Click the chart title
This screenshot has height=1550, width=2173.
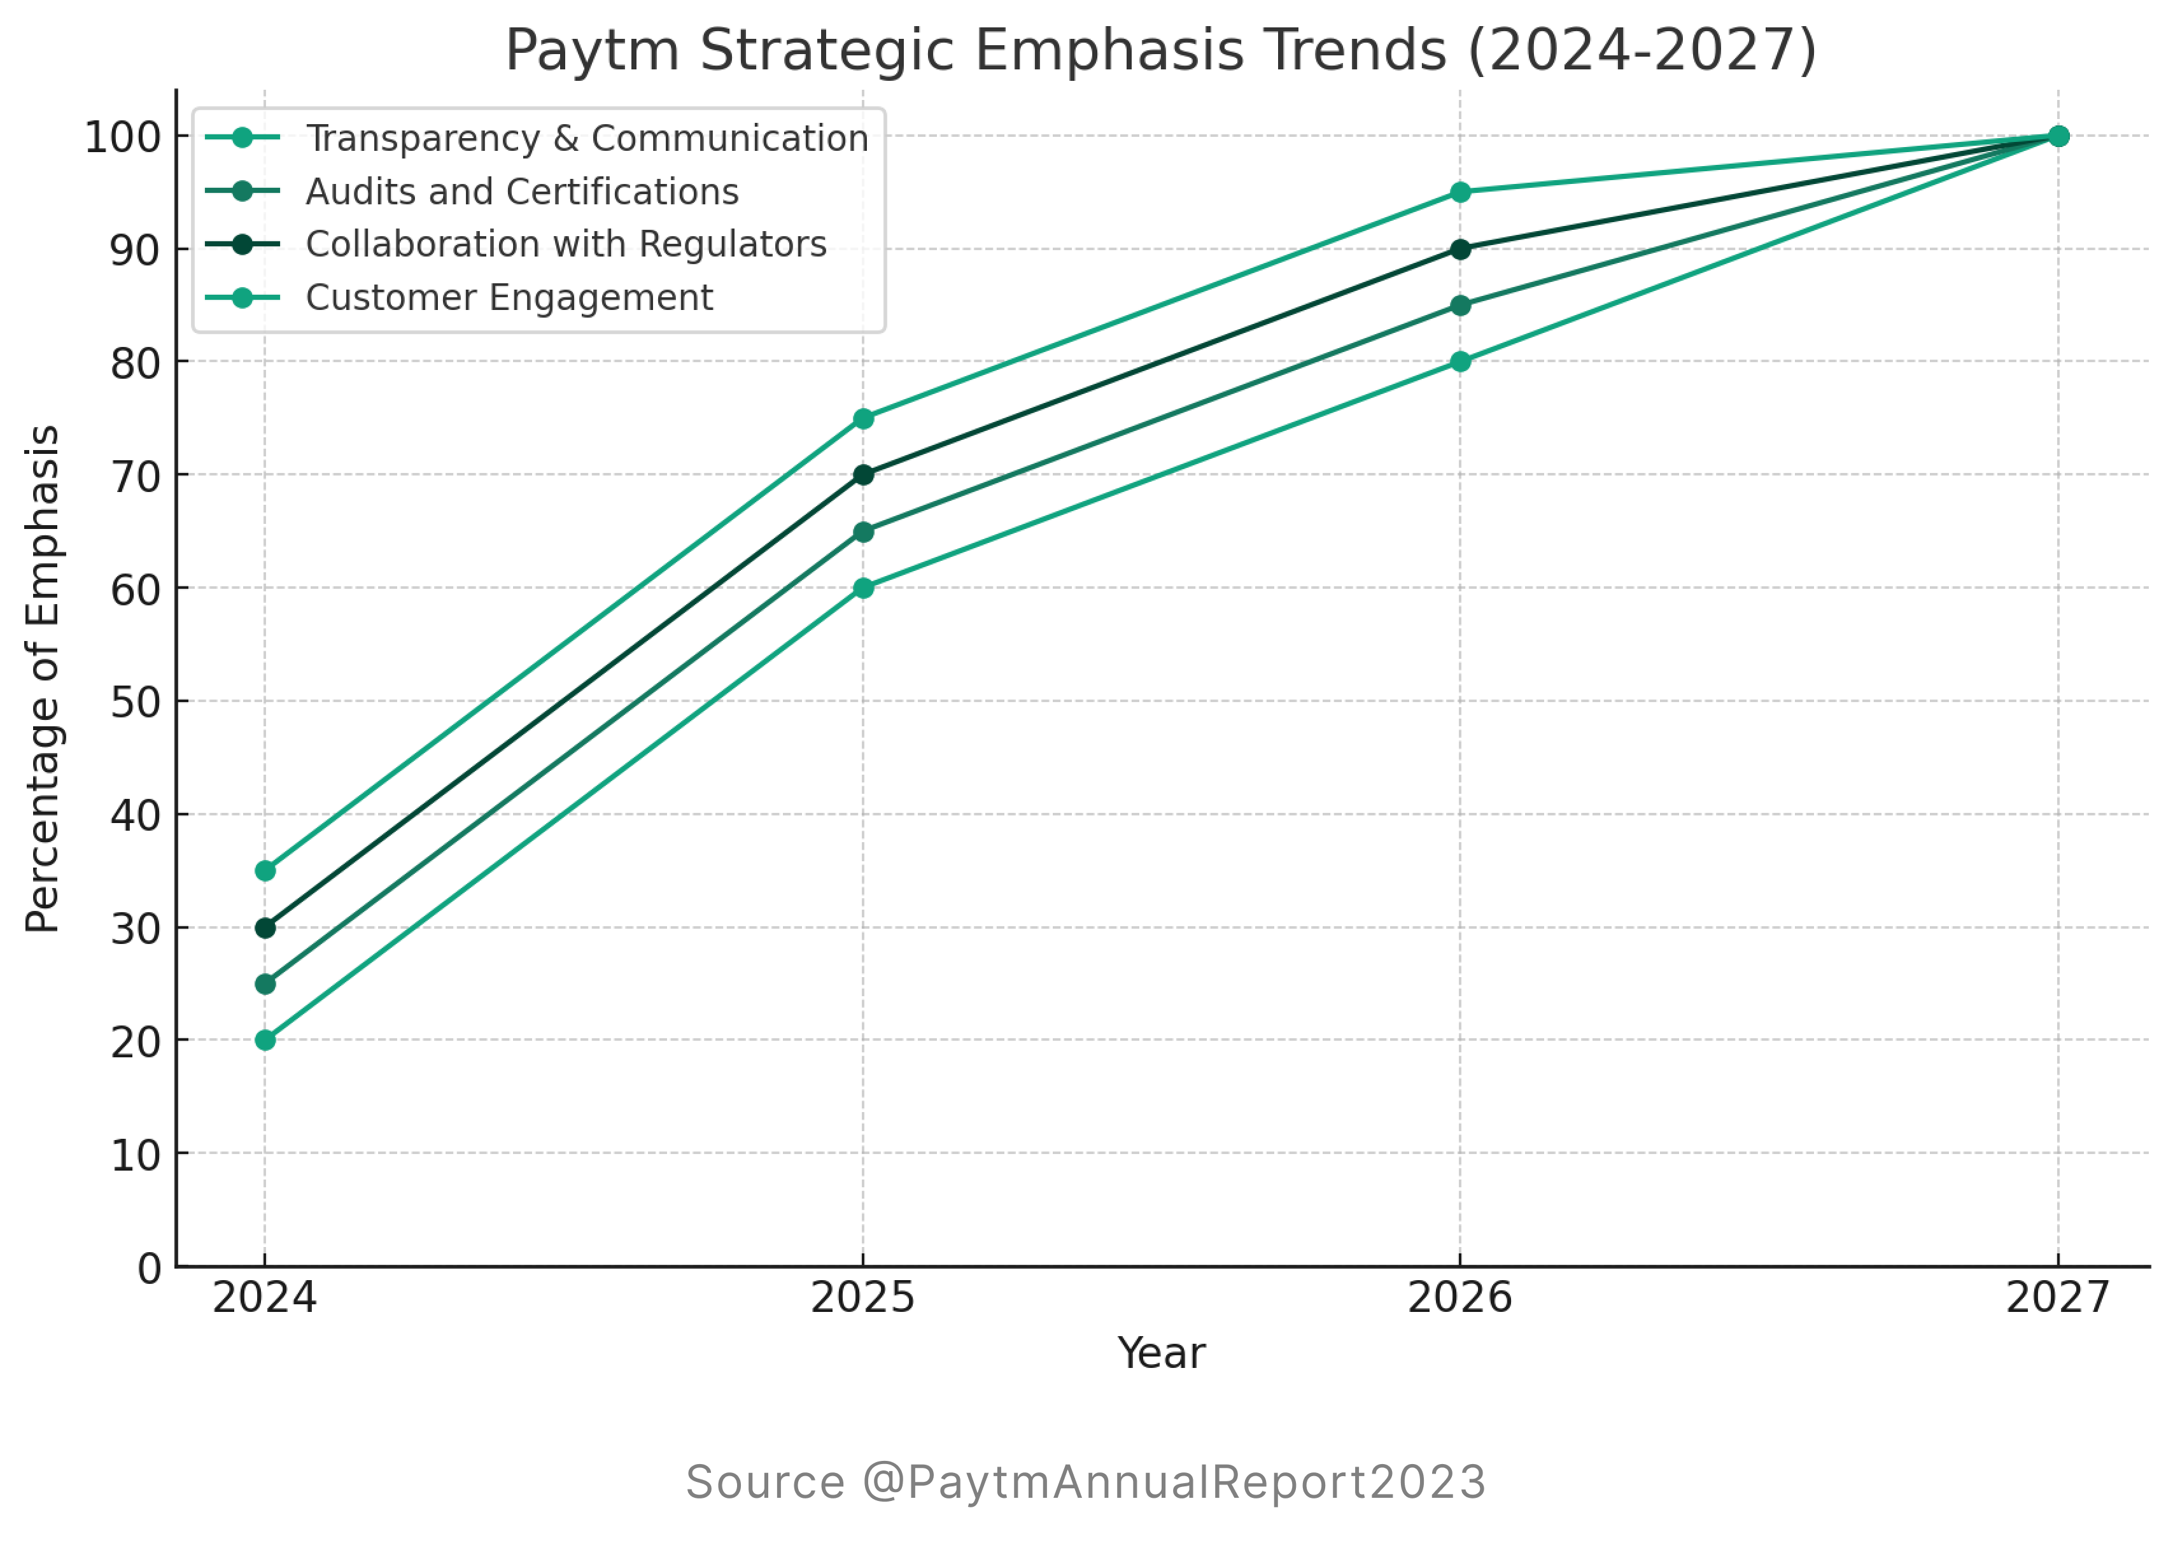1160,50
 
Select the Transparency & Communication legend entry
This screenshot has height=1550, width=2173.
586,138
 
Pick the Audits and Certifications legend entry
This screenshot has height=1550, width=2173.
521,192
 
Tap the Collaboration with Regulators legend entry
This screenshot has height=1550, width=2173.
565,244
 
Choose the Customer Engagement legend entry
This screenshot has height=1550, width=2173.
509,298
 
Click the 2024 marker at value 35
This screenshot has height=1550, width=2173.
265,870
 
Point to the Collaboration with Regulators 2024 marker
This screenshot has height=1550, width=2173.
265,927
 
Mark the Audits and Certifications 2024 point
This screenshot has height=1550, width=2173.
265,984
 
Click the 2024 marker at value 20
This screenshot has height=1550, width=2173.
265,1040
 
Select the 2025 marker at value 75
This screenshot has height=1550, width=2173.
862,419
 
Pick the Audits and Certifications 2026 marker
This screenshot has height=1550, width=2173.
1460,306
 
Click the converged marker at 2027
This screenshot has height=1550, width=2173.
2058,136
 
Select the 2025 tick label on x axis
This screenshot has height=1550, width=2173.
862,1298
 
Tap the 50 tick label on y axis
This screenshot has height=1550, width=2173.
136,703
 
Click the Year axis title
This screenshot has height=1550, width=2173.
1162,1353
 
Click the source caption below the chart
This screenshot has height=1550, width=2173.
1086,1483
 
